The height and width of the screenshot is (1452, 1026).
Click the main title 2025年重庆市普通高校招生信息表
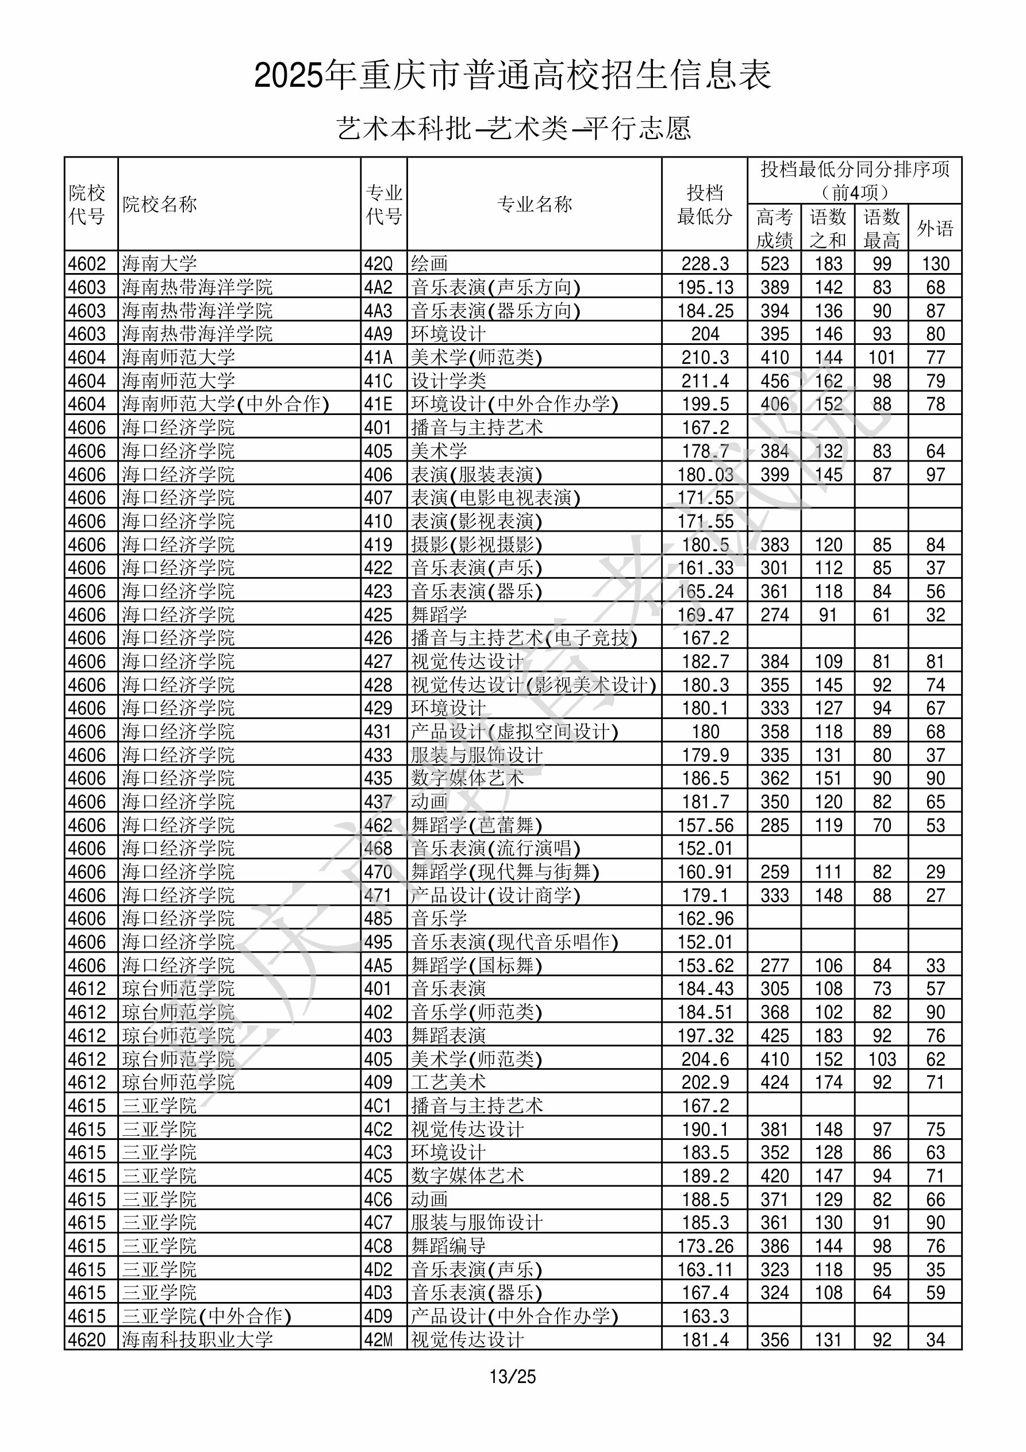coord(512,75)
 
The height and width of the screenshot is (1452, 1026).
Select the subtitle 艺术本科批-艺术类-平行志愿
coord(513,128)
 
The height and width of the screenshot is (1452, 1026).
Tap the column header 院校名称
coord(159,204)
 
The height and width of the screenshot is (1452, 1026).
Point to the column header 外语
coord(935,228)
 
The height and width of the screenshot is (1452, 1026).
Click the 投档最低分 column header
coord(705,204)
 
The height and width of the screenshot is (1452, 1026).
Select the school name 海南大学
coord(159,264)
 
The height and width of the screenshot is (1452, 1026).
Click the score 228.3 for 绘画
coord(705,264)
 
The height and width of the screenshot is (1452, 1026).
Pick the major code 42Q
coord(378,264)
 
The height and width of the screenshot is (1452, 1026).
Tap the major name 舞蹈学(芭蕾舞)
coord(477,825)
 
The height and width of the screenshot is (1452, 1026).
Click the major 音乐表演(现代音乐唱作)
coord(514,942)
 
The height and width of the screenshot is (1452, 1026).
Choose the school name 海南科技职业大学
coord(197,1339)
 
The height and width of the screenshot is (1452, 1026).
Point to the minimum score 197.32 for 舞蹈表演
coord(705,1036)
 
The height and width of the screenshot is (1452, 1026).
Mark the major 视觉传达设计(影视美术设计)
coord(533,685)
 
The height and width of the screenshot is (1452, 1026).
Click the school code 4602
coord(87,264)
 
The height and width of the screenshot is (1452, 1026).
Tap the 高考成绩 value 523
coord(774,264)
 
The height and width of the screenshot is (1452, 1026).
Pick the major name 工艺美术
coord(448,1082)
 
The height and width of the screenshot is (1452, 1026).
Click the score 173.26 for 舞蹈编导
coord(705,1246)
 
